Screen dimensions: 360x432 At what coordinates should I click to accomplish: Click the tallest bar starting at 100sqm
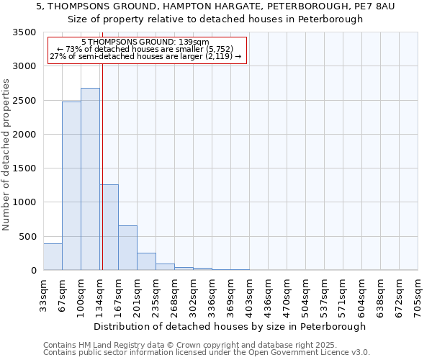[90, 179]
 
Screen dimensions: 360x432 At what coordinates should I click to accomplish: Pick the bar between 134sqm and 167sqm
[109, 228]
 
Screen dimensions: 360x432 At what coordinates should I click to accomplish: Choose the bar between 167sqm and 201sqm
[127, 248]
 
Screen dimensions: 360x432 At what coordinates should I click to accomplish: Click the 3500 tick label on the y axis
[24, 32]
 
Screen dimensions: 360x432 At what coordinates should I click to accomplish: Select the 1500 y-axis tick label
[24, 168]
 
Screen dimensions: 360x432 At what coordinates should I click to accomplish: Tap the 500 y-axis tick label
[27, 237]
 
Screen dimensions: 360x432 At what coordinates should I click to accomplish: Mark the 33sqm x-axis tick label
[43, 295]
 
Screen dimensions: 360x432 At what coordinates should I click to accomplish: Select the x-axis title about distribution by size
[230, 326]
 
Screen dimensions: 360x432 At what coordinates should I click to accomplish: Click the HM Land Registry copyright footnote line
[190, 345]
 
